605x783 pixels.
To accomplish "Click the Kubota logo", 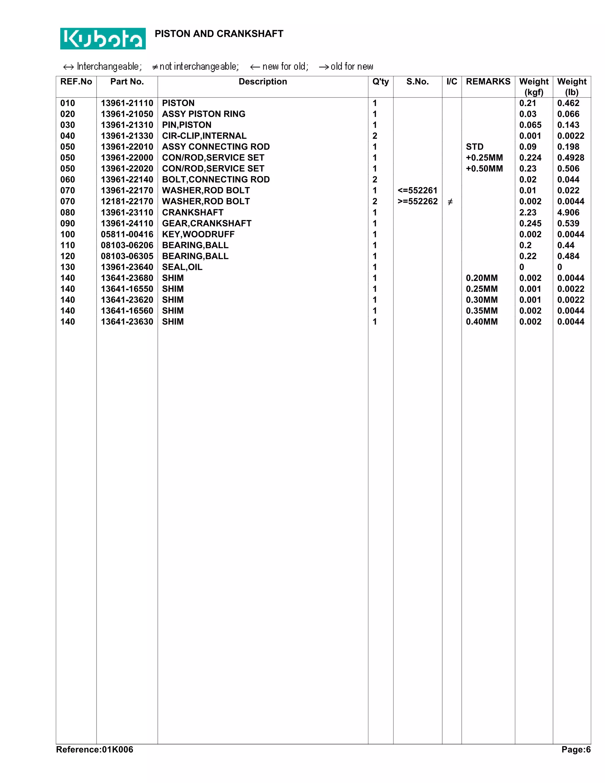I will point(103,38).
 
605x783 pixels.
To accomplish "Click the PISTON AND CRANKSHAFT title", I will point(219,34).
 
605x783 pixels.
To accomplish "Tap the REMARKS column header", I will point(488,82).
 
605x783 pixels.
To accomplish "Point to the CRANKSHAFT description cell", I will point(193,213).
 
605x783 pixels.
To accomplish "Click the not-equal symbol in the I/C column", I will point(450,202).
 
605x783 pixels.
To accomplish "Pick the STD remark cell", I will point(474,147).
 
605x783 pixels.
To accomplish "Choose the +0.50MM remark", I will point(484,169).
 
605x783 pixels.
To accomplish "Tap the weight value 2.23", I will point(528,213).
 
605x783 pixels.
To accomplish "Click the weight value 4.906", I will point(568,213).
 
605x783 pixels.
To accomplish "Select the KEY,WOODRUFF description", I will point(198,235).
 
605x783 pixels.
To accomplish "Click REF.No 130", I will point(68,267).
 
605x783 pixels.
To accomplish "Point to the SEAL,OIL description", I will point(182,267).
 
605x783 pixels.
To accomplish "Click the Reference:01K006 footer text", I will point(95,750).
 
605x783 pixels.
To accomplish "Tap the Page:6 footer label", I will point(576,750).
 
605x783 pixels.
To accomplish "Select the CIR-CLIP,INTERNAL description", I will point(204,136).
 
